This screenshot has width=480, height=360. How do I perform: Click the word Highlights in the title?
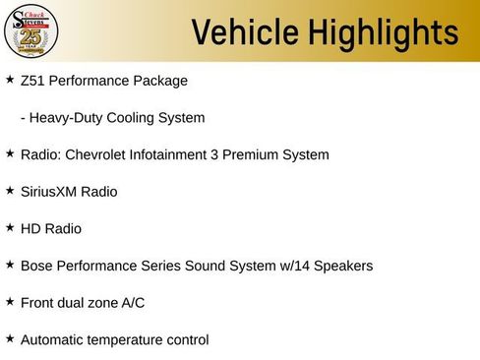378,31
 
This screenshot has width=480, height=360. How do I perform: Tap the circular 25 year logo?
32,30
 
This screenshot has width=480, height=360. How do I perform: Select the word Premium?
255,154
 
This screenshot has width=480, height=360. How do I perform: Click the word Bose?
36,266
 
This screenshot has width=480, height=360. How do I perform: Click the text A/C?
132,303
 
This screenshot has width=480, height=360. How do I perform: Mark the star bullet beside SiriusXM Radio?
10,190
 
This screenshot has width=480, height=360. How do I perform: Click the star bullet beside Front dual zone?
10,301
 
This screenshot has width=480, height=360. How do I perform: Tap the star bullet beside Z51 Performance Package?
10,78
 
